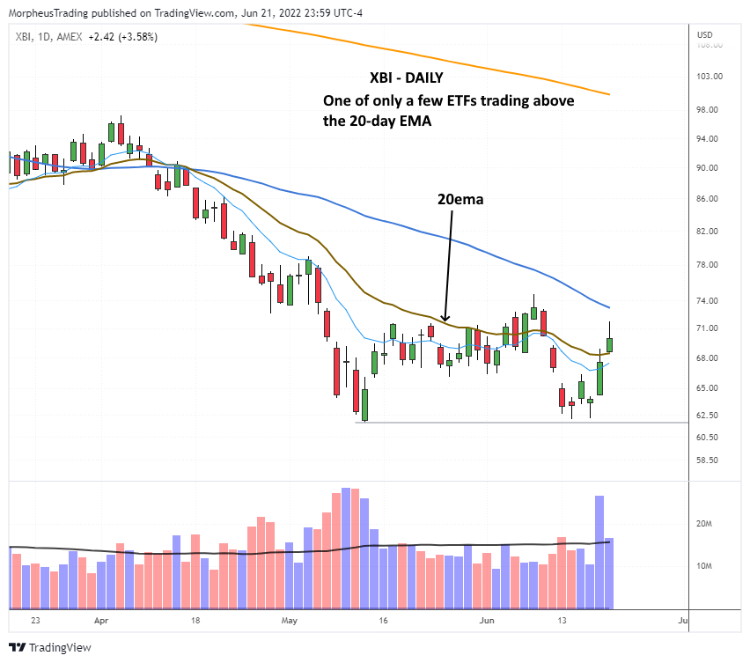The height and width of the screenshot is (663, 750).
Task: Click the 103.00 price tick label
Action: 710,76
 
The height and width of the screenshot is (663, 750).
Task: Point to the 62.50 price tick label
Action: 710,415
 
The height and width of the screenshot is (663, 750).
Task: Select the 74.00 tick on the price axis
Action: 710,300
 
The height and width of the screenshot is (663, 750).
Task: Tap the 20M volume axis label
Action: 705,524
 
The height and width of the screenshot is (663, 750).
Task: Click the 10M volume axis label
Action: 705,565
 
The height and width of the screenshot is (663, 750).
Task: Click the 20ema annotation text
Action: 460,200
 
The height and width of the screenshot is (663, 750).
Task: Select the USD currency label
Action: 704,34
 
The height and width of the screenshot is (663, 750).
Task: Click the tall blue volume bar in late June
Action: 599,552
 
